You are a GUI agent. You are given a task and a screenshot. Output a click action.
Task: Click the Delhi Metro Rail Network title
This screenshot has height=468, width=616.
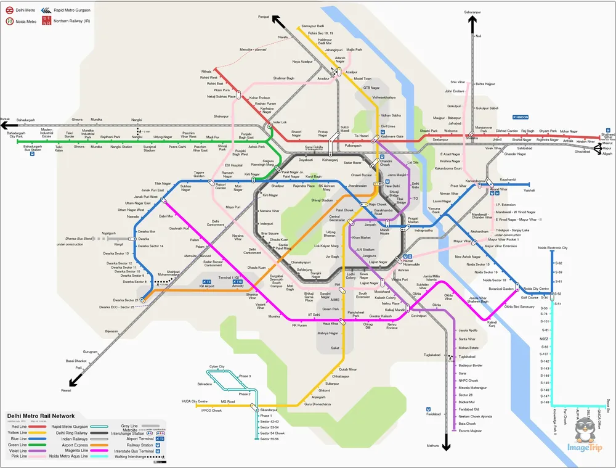tap(41, 416)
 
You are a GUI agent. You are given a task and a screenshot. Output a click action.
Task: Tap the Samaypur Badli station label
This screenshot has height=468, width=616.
tap(313, 26)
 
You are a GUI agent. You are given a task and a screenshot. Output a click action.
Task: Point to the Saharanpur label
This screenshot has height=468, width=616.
tap(473, 12)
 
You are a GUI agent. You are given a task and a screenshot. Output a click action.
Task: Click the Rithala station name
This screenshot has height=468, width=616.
tap(205, 72)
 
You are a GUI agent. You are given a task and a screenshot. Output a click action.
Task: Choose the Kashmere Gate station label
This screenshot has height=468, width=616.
tap(392, 136)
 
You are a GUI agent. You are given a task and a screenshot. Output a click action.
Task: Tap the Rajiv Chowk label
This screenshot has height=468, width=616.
tap(377, 204)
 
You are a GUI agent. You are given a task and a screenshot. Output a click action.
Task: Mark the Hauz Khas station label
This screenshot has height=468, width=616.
tap(331, 323)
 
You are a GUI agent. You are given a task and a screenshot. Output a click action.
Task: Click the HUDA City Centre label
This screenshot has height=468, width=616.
tap(195, 401)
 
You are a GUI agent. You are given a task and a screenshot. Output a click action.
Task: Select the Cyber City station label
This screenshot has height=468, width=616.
tap(217, 366)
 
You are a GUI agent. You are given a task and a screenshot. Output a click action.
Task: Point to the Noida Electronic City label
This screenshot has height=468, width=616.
tap(553, 247)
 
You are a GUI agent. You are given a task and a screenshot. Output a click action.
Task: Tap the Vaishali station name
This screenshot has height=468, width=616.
tap(529, 191)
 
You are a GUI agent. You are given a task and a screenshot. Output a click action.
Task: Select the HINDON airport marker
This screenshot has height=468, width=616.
tap(521, 116)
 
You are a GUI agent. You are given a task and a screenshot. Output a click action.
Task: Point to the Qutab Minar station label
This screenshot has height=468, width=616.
tap(348, 369)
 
